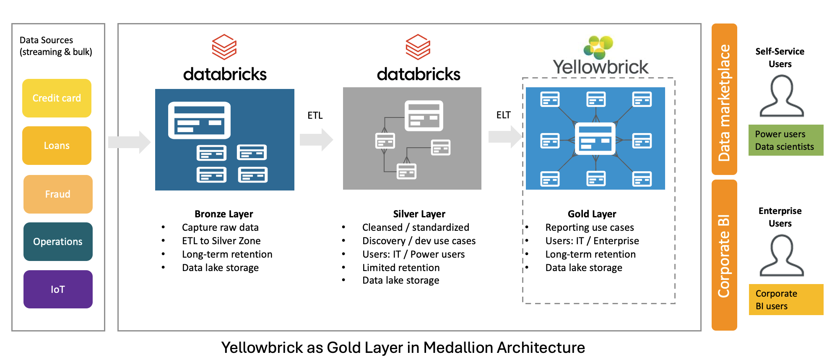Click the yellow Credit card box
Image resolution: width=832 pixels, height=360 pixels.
pyautogui.click(x=57, y=98)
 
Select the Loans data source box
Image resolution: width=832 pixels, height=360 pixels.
pyautogui.click(x=57, y=146)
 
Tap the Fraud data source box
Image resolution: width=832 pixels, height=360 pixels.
pyautogui.click(x=58, y=194)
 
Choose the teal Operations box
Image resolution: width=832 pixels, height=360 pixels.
pyautogui.click(x=58, y=242)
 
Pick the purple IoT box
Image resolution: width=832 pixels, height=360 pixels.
pyautogui.click(x=58, y=290)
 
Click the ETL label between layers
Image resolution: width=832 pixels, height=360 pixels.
pyautogui.click(x=315, y=115)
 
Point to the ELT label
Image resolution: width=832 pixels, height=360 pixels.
pyautogui.click(x=503, y=115)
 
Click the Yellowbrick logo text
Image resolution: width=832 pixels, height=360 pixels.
pyautogui.click(x=600, y=67)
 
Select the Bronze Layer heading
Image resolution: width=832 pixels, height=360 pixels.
pyautogui.click(x=224, y=214)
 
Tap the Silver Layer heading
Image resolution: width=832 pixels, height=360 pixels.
pyautogui.click(x=419, y=214)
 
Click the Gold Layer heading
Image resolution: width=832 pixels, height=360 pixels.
pyautogui.click(x=592, y=214)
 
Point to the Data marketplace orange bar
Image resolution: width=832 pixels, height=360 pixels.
pyautogui.click(x=724, y=99)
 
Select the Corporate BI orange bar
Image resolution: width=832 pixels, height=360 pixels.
pyautogui.click(x=724, y=255)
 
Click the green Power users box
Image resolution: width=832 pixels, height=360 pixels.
pyautogui.click(x=785, y=140)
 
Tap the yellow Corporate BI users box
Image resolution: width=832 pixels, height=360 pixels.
pyautogui.click(x=785, y=300)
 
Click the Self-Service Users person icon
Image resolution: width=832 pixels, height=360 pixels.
pyautogui.click(x=781, y=96)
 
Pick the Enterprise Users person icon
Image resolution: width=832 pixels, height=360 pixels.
pyautogui.click(x=781, y=256)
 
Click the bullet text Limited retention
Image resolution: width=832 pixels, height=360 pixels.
pyautogui.click(x=400, y=268)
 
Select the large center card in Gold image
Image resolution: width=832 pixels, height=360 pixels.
pyautogui.click(x=595, y=139)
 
